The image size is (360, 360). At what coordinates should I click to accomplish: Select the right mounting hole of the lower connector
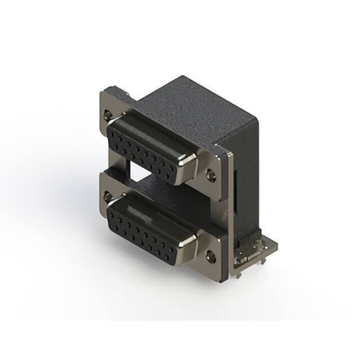(x=213, y=259)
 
